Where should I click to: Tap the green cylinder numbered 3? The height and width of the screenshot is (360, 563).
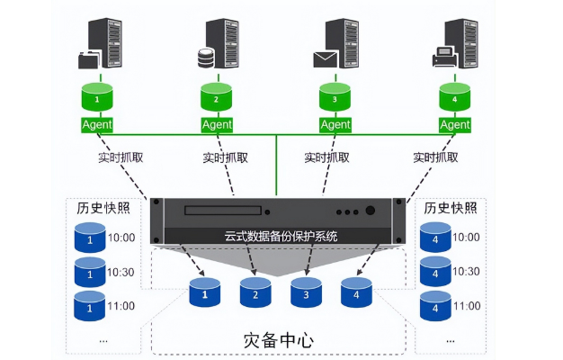[x=335, y=95]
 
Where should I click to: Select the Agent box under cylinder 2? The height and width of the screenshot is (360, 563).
[x=217, y=124]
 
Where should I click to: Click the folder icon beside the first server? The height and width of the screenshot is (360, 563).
[x=89, y=59]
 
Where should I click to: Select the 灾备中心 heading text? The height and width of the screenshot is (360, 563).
[x=279, y=341]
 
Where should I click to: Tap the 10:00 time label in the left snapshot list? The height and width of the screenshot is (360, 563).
[x=121, y=238]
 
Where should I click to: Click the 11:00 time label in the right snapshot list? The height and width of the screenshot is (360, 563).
[x=466, y=306]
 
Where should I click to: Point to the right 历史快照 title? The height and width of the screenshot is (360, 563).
[x=449, y=208]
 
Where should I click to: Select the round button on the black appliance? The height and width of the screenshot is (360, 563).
[x=370, y=212]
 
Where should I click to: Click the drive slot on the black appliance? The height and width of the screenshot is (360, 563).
[x=222, y=212]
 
